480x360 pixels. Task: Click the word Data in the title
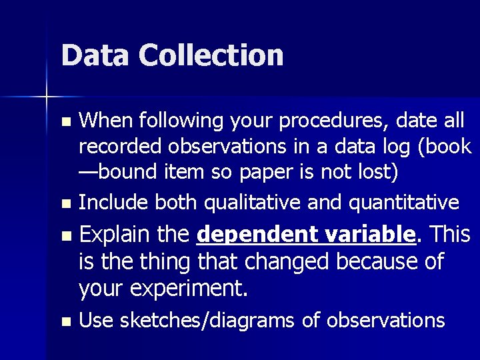93,55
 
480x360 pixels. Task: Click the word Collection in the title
211,55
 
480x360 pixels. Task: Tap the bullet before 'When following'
65,122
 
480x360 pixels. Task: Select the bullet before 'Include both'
65,203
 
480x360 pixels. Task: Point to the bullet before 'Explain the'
65,236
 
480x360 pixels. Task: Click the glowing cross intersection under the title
47,97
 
